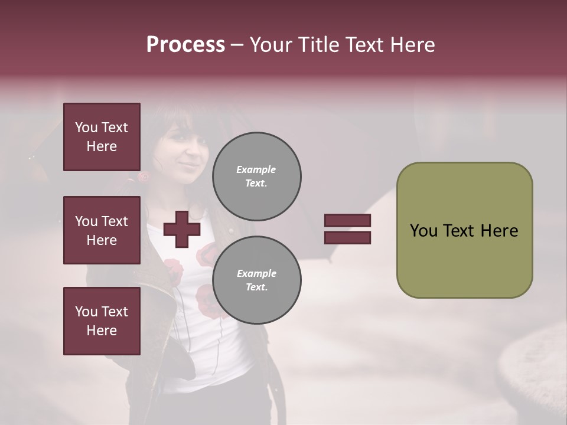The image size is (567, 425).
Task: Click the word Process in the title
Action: tap(185, 45)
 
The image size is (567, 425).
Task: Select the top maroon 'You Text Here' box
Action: tap(102, 137)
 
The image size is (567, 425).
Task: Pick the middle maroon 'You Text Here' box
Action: tap(102, 230)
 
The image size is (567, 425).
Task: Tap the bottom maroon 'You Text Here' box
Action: tap(102, 321)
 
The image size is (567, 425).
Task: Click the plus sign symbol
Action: tap(181, 229)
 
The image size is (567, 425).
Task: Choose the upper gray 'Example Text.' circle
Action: tap(256, 176)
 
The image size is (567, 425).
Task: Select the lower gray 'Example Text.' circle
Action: tap(256, 280)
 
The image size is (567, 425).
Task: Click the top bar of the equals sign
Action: tap(347, 220)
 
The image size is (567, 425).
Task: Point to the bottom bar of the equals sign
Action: tap(347, 237)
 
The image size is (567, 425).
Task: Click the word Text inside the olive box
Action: tap(460, 231)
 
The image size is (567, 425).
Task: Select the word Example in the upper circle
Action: tap(256, 169)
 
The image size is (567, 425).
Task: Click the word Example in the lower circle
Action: tap(256, 273)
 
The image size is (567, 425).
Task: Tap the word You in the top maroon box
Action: tap(86, 127)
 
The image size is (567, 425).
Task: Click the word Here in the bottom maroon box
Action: tap(102, 331)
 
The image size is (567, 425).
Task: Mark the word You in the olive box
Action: tap(423, 231)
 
